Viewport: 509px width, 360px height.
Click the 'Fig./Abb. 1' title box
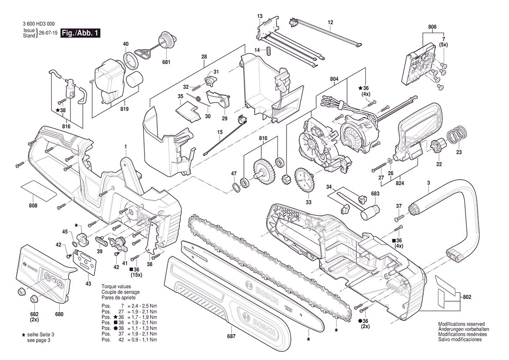(x=81, y=33)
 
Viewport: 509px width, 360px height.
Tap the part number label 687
(x=231, y=336)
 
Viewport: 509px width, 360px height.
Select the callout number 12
(x=330, y=22)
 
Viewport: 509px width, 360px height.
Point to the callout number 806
(x=432, y=27)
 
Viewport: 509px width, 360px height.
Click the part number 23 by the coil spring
(x=458, y=152)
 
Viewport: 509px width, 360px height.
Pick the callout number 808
(x=33, y=205)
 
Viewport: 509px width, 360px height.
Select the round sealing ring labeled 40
(x=131, y=61)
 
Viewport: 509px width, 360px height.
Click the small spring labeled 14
(x=269, y=51)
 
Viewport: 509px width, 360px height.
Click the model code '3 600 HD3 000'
(x=39, y=24)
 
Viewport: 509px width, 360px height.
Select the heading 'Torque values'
(x=116, y=287)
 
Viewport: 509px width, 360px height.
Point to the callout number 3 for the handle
(x=428, y=183)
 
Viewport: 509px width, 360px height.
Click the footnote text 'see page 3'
(x=38, y=340)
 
